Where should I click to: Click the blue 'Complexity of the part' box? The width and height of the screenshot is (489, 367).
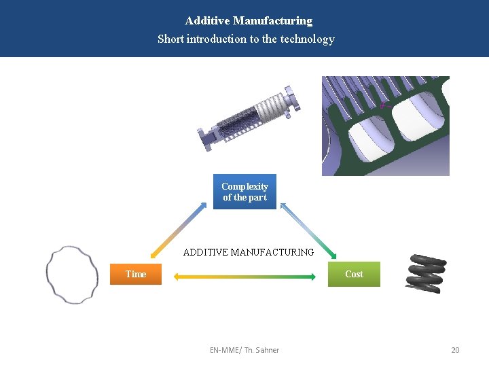[x=244, y=192]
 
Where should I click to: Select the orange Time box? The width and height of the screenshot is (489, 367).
[x=136, y=274]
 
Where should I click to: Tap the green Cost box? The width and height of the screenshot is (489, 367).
[x=354, y=274]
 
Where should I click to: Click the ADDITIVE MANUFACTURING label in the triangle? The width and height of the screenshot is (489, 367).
[x=249, y=252]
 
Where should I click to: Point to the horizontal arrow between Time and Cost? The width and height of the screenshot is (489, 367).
[x=245, y=277]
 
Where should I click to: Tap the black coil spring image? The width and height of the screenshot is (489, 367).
[x=426, y=273]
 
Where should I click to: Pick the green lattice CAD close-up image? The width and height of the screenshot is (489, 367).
[x=385, y=126]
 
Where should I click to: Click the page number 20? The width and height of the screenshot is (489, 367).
[x=455, y=350]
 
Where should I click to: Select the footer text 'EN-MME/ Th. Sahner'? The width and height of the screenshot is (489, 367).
[x=244, y=350]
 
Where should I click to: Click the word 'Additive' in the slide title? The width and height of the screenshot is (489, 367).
[x=206, y=21]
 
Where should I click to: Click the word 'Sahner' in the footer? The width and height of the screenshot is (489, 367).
[x=266, y=350]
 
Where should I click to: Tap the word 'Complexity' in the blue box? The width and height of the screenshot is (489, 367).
[x=244, y=186]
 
